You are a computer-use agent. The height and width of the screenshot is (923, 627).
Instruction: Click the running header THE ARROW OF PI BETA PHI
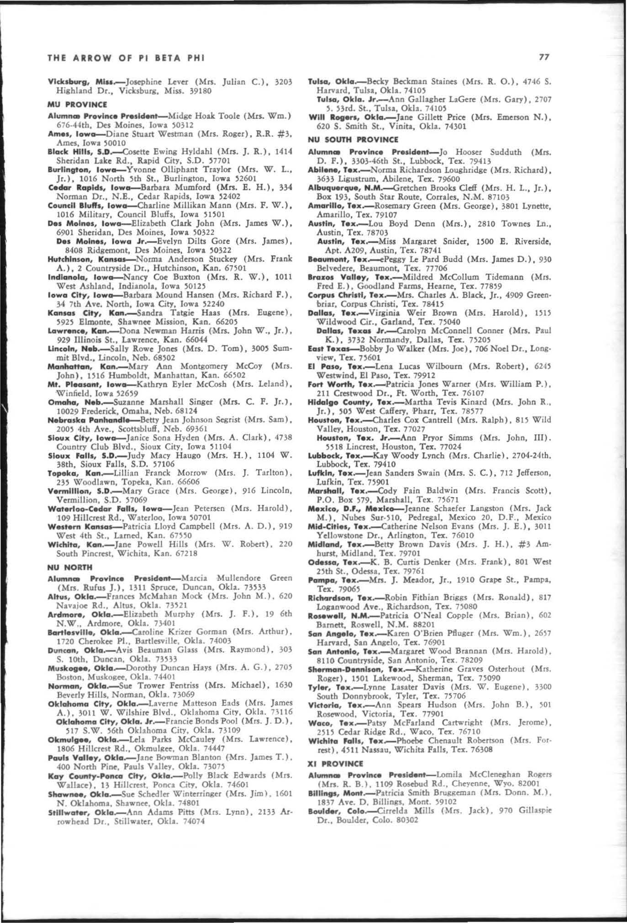(126, 58)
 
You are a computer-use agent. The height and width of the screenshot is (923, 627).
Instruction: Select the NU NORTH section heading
(69, 568)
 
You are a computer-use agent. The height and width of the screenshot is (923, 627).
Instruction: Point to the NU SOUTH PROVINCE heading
(353, 139)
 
